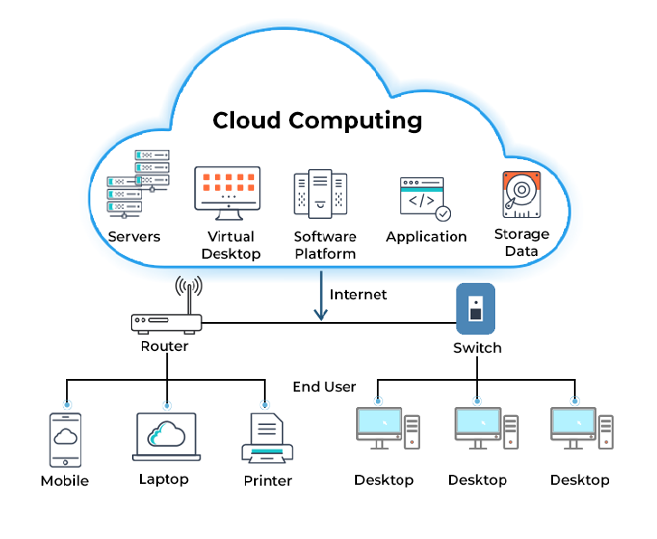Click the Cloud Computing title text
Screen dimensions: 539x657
[x=317, y=119]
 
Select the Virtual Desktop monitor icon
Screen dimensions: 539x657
[x=228, y=193]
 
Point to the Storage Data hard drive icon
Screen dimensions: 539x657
[x=521, y=194]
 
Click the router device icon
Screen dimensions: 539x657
[x=166, y=322]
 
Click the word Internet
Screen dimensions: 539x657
[x=358, y=295]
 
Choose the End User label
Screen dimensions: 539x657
[x=324, y=386]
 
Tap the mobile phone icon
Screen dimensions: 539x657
[x=65, y=440]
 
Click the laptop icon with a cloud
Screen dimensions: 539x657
[x=165, y=438]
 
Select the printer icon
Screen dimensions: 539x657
[x=267, y=440]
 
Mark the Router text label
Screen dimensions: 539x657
[x=164, y=345]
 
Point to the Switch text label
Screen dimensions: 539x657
[x=476, y=347]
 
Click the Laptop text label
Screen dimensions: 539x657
[x=164, y=478]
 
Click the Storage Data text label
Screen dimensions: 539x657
[x=521, y=243]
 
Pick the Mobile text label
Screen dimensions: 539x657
[x=65, y=480]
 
